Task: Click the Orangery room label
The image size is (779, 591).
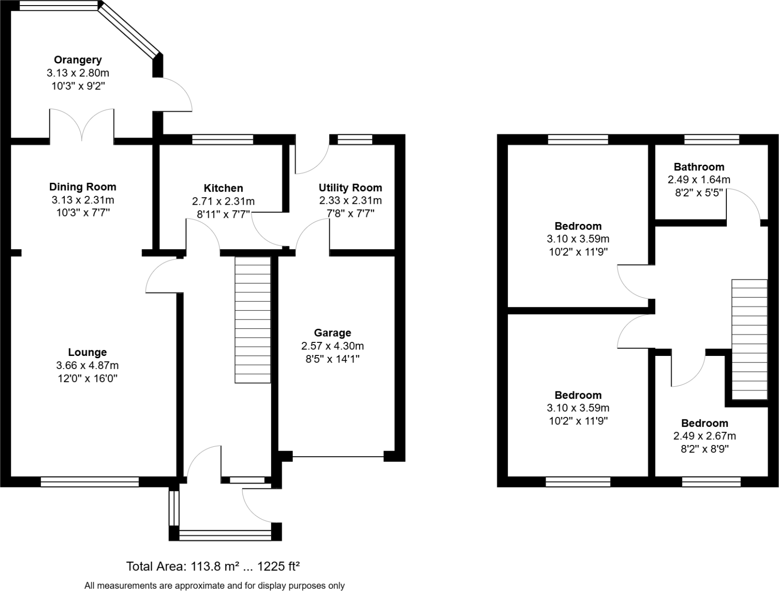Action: (77, 60)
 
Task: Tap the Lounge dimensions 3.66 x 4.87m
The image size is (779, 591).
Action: (87, 365)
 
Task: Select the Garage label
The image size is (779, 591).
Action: (332, 333)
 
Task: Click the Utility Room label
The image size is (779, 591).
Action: (350, 188)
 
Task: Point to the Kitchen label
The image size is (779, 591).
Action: (223, 188)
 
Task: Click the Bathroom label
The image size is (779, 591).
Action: (699, 167)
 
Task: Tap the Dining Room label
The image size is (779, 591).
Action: (83, 187)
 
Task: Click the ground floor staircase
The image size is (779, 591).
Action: (252, 320)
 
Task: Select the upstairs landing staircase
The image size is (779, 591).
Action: (749, 339)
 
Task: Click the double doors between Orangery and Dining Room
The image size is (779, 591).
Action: (82, 124)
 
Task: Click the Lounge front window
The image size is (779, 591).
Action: (90, 482)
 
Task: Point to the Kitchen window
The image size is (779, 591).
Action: (223, 139)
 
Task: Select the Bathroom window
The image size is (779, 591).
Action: (711, 139)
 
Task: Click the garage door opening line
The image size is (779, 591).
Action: (338, 456)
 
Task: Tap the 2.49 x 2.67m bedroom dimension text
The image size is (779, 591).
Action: (704, 436)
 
